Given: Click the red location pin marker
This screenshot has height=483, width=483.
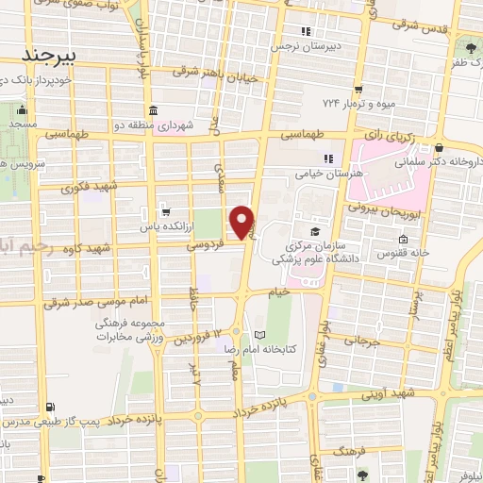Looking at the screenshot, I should click(242, 222).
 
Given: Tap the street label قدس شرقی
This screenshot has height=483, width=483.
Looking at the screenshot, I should click(426, 26).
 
